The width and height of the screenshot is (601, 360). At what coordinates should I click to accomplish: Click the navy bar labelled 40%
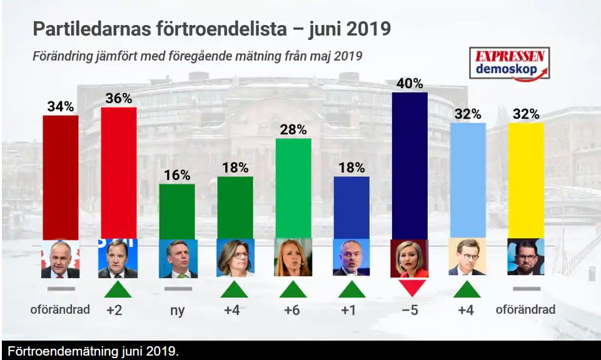point(410,166)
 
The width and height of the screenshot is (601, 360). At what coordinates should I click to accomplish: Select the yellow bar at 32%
point(526,181)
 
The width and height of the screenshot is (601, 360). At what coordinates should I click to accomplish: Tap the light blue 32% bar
point(468,181)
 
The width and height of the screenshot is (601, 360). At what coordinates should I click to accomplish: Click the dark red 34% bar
point(61,177)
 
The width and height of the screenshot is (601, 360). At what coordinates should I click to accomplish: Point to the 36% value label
point(119,99)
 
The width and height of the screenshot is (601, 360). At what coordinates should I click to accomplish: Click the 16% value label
point(177,176)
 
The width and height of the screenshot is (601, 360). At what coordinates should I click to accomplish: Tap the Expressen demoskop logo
point(510,63)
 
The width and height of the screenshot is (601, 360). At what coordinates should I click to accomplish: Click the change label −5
point(410,310)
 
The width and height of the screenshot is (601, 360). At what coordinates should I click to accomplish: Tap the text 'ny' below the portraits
point(177,311)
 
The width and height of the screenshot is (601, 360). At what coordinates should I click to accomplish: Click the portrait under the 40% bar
point(410,258)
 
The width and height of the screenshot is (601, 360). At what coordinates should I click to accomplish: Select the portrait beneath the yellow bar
point(526,257)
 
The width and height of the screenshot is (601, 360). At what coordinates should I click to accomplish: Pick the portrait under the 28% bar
point(293,258)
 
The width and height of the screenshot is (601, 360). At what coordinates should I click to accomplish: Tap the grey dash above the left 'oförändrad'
point(61,289)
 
